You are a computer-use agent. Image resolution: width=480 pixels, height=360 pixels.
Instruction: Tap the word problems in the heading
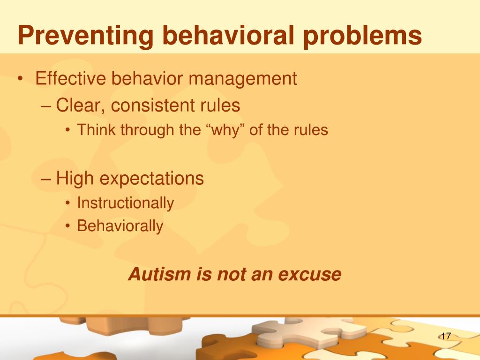point(363,36)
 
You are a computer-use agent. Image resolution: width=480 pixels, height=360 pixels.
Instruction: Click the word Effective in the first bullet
point(71,78)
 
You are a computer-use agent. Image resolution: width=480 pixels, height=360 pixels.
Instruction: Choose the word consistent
point(153,105)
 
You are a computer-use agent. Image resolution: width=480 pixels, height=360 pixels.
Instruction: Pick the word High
point(75,179)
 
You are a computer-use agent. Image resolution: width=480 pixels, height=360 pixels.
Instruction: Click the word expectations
point(151,179)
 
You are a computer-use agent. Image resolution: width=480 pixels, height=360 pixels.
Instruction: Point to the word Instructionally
point(126,203)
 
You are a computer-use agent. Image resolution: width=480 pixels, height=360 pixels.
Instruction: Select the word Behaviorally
point(120,226)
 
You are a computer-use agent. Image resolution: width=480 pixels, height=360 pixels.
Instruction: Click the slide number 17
point(446,336)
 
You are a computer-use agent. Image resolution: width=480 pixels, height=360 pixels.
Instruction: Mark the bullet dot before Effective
point(20,79)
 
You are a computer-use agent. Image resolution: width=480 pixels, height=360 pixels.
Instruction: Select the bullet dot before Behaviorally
point(67,226)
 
